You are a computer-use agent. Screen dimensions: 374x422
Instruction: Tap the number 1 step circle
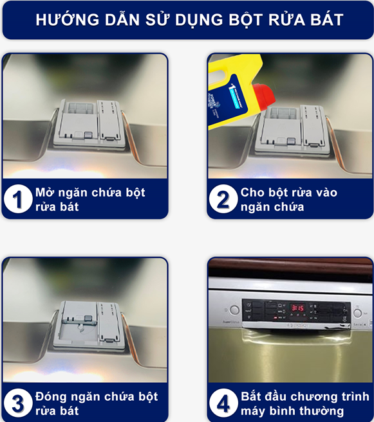coord(18,199)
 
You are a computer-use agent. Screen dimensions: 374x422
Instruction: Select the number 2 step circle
coord(223,199)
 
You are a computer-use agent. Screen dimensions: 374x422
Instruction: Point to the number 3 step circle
coord(18,403)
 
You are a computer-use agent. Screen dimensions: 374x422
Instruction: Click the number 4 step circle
coord(223,403)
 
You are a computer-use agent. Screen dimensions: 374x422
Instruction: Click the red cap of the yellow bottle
coord(265,96)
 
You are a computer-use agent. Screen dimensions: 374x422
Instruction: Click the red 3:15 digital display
coord(297,308)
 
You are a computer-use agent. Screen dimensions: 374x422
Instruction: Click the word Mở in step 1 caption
coord(44,192)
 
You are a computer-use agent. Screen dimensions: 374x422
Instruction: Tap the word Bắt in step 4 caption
coord(251,396)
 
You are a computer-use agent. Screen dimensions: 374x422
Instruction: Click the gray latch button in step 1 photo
coord(88,135)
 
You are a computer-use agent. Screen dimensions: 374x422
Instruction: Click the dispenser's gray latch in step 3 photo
coord(88,318)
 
